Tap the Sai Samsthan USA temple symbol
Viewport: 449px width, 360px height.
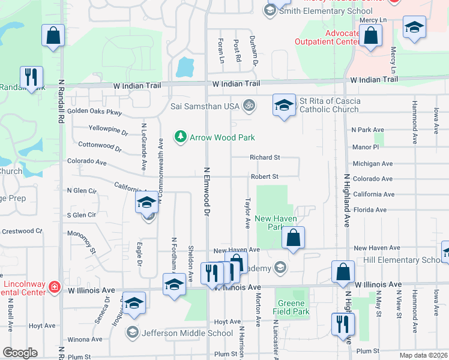pos(249,106)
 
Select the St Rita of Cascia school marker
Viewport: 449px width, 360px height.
pos(284,106)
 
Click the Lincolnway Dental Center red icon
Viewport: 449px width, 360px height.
pos(54,287)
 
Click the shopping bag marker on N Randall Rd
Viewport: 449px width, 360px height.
pos(53,35)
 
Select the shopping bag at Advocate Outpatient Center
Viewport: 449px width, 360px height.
pos(372,36)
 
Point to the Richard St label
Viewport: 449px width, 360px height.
pos(265,158)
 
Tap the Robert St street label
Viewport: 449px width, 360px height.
pos(265,177)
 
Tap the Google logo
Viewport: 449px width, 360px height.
pos(20,353)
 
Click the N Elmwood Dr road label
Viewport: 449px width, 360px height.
pos(207,191)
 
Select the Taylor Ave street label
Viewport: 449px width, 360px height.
pos(247,214)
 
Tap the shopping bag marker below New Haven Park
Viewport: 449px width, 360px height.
pos(293,238)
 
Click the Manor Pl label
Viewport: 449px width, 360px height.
pos(366,147)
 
